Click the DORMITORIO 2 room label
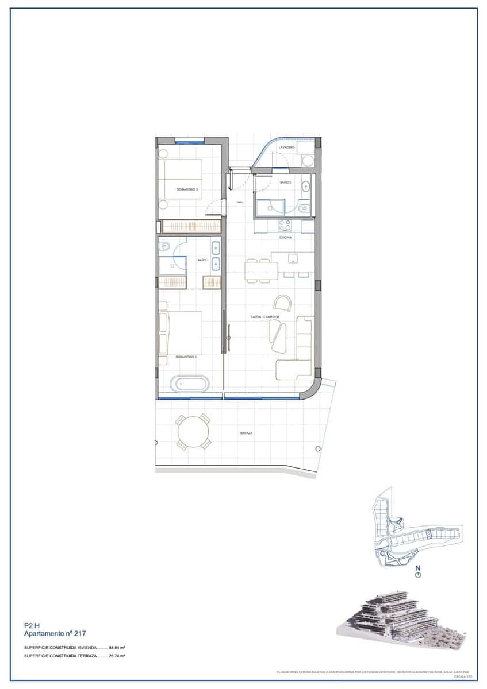pos(187,189)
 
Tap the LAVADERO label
pos(287,148)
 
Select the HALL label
pos(240,202)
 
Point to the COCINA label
pos(286,237)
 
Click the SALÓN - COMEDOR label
pos(265,317)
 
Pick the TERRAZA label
pos(248,433)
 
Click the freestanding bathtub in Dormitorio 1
pos(192,384)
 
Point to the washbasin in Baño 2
pos(305,186)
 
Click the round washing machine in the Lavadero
pos(308,160)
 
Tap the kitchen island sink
pos(293,258)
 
